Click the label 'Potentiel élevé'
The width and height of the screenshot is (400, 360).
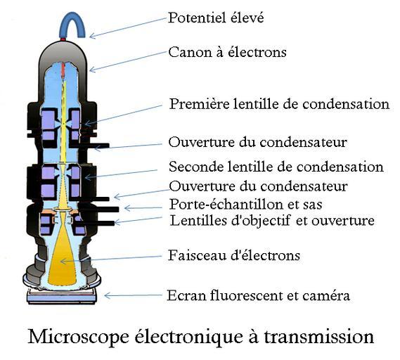[x=216, y=18]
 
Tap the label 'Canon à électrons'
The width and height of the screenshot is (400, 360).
[x=227, y=52]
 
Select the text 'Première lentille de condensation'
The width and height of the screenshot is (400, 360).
[x=279, y=104]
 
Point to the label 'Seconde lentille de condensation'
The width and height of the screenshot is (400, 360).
[x=276, y=167]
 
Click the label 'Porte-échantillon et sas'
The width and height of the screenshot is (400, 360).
[x=246, y=205]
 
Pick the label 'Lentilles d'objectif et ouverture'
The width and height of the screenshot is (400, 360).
[x=272, y=221]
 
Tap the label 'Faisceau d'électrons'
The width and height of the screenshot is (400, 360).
[x=234, y=255]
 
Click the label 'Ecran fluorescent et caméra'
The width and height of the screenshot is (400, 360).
[x=258, y=296]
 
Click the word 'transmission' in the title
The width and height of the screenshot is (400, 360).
[x=319, y=337]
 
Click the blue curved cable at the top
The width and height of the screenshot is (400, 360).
[x=72, y=23]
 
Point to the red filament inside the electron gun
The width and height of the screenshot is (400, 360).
[x=63, y=71]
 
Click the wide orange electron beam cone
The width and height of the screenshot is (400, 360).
[x=63, y=257]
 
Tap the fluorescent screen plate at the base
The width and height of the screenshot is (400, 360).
[x=61, y=297]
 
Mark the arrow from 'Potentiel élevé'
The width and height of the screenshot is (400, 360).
[x=128, y=27]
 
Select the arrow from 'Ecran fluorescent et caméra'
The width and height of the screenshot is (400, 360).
[x=133, y=296]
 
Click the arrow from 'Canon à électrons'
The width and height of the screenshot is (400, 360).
[x=128, y=61]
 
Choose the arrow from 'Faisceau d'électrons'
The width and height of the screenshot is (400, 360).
[x=111, y=259]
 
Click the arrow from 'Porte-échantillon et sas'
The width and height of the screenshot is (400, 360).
[x=143, y=208]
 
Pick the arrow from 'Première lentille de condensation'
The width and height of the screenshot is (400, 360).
[x=123, y=115]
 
